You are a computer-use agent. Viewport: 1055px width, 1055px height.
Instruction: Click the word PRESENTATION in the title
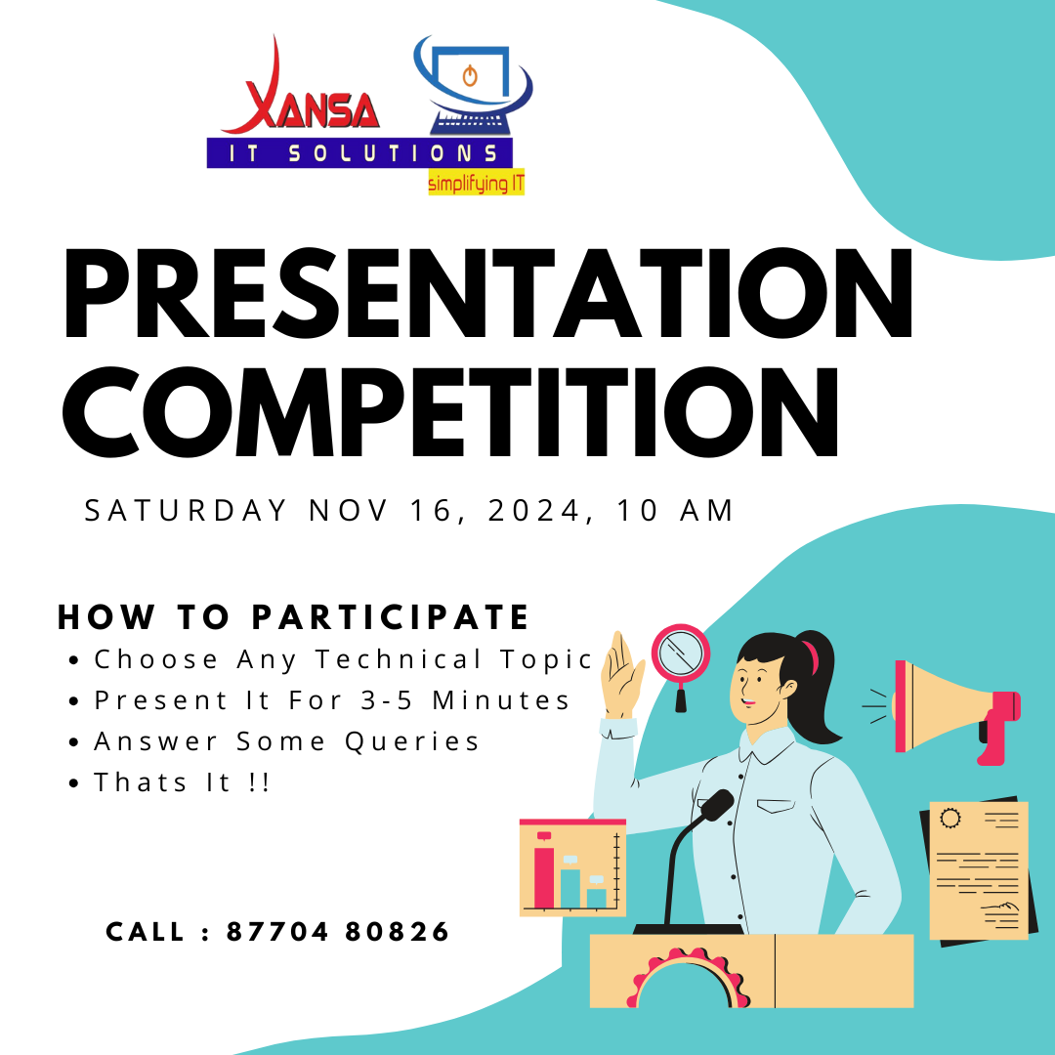tap(487, 293)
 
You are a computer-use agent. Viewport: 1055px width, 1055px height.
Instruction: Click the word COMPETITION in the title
tap(450, 412)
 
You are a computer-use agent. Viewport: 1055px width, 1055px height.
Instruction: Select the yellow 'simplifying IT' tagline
tap(477, 183)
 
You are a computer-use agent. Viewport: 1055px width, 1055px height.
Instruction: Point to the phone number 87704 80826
tap(338, 932)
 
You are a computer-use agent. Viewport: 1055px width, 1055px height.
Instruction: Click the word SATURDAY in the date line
tap(186, 511)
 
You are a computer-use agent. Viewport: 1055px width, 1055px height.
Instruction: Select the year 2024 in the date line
tap(533, 511)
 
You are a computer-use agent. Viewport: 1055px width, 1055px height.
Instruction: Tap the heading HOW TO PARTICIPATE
tap(293, 617)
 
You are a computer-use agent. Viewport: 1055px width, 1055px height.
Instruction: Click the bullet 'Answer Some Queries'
tap(286, 741)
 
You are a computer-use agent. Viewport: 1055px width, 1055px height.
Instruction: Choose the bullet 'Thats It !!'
tap(182, 782)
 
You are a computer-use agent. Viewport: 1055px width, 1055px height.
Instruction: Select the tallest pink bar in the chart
tap(544, 877)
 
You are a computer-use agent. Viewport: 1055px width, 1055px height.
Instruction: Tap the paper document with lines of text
tap(978, 870)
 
